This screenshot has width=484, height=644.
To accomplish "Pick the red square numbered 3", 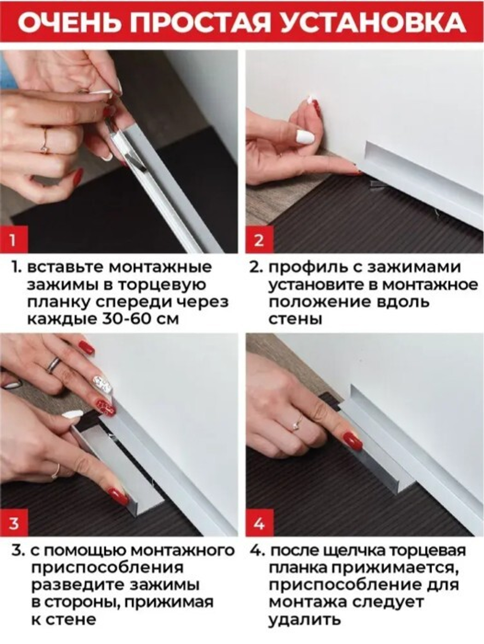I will tap(13, 523).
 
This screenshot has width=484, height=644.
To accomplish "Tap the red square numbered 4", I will tap(259, 523).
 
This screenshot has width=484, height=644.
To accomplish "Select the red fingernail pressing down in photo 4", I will tap(352, 441).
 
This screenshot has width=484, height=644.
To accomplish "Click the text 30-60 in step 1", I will tap(130, 319).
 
